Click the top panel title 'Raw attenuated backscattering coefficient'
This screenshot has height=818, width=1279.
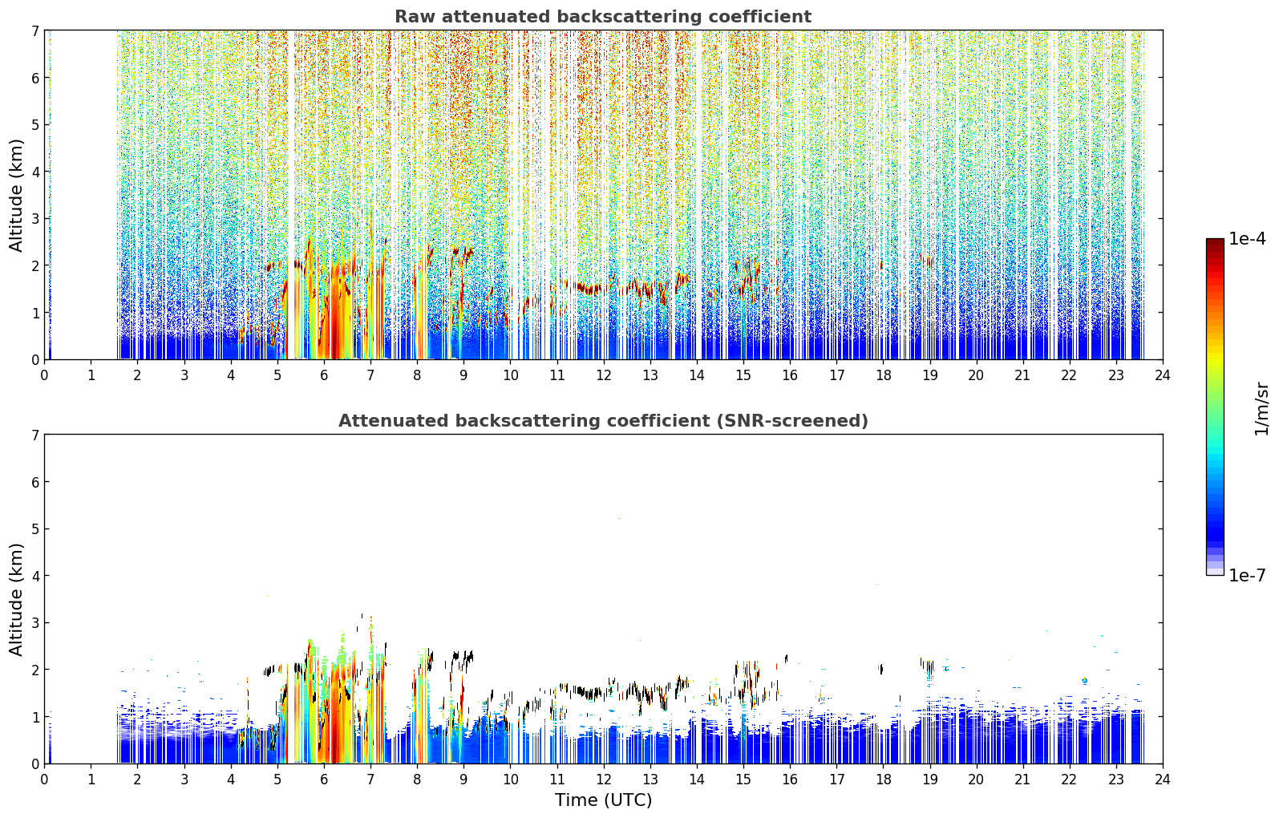603,17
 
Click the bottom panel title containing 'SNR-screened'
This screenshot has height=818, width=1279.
603,420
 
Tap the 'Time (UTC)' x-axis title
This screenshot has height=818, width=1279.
603,800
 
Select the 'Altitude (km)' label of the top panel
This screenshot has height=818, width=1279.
16,196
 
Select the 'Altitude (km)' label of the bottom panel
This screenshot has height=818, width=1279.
16,599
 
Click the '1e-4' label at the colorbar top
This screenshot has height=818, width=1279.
1247,239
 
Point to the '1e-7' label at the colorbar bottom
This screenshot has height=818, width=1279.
1247,575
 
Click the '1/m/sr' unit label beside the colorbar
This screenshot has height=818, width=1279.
1261,409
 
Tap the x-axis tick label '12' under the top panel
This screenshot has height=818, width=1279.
604,375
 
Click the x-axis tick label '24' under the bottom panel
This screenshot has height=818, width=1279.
1163,780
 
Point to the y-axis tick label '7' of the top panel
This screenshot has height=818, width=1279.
34,30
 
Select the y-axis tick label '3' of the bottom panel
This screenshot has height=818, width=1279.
34,622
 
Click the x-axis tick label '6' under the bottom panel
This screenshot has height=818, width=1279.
324,780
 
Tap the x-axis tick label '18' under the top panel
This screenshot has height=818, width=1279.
884,375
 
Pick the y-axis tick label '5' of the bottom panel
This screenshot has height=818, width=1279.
34,529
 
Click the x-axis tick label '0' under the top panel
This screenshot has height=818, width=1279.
45,375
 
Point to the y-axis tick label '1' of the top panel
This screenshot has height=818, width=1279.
34,313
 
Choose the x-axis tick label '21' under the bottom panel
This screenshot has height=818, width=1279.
1022,780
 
